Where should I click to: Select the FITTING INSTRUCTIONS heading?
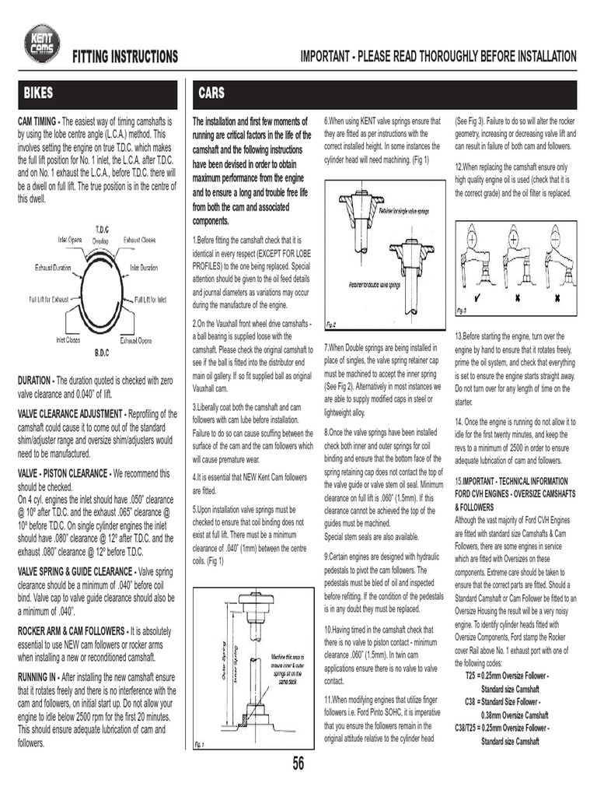click(124, 58)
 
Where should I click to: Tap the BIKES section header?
click(38, 93)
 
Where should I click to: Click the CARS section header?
click(211, 93)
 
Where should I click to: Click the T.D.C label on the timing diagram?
click(101, 230)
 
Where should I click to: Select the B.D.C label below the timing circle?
click(101, 353)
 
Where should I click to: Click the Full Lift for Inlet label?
click(151, 299)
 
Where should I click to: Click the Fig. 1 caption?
click(199, 745)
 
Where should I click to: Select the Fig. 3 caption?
click(461, 311)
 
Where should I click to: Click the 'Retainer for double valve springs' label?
click(379, 285)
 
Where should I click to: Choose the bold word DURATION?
click(34, 380)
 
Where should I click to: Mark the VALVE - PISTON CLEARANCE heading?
click(62, 473)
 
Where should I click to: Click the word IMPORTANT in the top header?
click(325, 57)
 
